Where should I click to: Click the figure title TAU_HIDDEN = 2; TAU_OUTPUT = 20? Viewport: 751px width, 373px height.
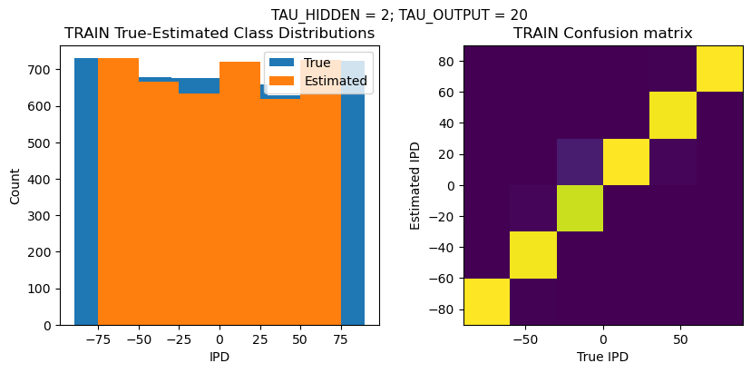(399, 15)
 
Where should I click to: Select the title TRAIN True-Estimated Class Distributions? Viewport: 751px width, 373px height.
(219, 34)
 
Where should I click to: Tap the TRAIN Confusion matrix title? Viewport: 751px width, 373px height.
(603, 34)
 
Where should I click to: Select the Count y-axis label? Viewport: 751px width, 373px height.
(15, 185)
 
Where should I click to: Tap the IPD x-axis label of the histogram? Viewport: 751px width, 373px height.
(219, 358)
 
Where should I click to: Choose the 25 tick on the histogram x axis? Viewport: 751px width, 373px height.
(260, 339)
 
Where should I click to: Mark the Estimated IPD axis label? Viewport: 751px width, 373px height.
(415, 185)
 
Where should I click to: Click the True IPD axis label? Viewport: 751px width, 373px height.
(602, 358)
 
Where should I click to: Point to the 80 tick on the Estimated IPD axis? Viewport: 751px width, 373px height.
(445, 62)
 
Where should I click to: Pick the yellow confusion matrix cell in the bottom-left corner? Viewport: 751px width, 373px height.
(486, 301)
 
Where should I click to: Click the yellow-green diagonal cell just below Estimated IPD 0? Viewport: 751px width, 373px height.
(580, 209)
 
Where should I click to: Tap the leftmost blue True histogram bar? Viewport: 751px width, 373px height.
(85, 191)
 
